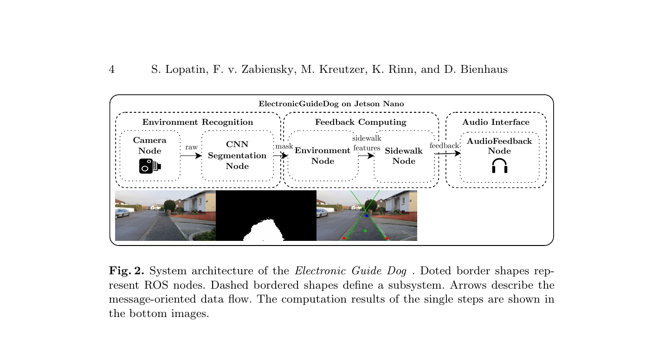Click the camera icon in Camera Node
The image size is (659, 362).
coord(150,166)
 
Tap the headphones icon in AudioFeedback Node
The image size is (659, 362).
coord(499,166)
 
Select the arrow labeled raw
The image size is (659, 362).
coord(191,156)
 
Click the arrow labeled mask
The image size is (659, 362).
coord(281,156)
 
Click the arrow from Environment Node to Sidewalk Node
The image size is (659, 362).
coord(366,156)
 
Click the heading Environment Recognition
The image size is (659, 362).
coord(198,123)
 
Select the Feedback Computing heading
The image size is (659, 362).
coord(361,123)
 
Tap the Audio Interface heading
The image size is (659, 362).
coord(496,123)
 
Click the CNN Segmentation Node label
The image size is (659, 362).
coord(237,155)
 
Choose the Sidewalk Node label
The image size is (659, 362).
coord(404,156)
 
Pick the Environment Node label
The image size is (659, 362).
coord(323,156)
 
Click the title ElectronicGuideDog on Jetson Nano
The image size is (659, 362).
coord(331,104)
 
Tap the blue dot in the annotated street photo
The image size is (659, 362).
coord(367,216)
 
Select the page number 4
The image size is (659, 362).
coord(112,70)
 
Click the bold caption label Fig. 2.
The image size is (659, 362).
coord(127,271)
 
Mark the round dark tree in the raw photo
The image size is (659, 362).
coord(170,205)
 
